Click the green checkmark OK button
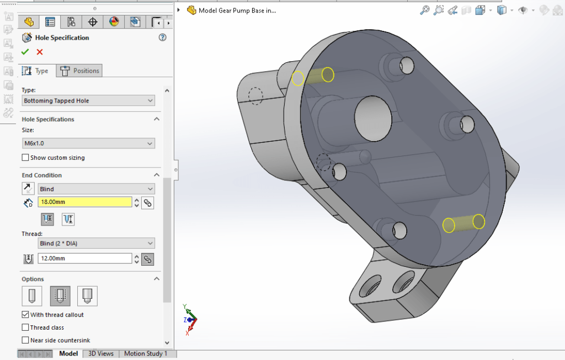tap(25, 52)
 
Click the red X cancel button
tap(40, 52)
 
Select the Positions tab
tap(81, 71)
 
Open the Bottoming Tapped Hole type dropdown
tap(88, 101)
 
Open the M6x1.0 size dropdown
tap(88, 143)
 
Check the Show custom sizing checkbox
tap(25, 158)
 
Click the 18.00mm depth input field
tap(85, 202)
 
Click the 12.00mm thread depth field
tap(85, 259)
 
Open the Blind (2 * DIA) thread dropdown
tap(96, 243)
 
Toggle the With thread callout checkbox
tap(25, 315)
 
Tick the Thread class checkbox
tap(25, 327)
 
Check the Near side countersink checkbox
tap(25, 340)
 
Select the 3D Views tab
tap(101, 353)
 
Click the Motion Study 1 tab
tap(146, 353)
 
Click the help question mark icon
tap(162, 37)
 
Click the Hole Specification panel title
tap(62, 37)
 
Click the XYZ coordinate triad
tap(190, 320)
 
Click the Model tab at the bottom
tap(68, 353)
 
